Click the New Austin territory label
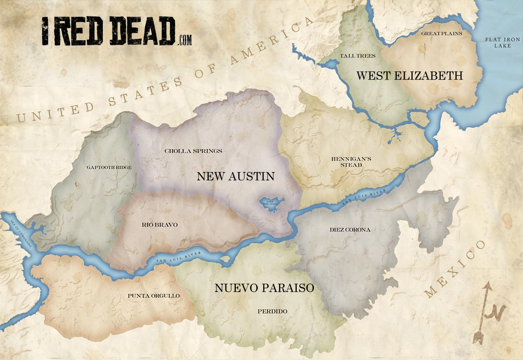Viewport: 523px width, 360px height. pos(235,176)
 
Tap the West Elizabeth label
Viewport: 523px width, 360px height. pos(409,75)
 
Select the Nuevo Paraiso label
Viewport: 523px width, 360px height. pos(264,288)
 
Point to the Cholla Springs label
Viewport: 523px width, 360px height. pos(193,151)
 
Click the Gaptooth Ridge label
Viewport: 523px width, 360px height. pos(109,167)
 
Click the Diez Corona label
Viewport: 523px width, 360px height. pos(350,230)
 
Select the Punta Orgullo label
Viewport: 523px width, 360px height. pos(154,296)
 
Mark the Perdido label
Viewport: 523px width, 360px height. pos(272,312)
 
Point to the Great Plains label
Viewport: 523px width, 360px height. pos(442,33)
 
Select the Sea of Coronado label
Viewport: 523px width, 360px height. pos(21,234)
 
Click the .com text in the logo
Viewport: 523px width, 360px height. pos(184,41)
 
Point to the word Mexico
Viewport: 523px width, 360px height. pos(455,270)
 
